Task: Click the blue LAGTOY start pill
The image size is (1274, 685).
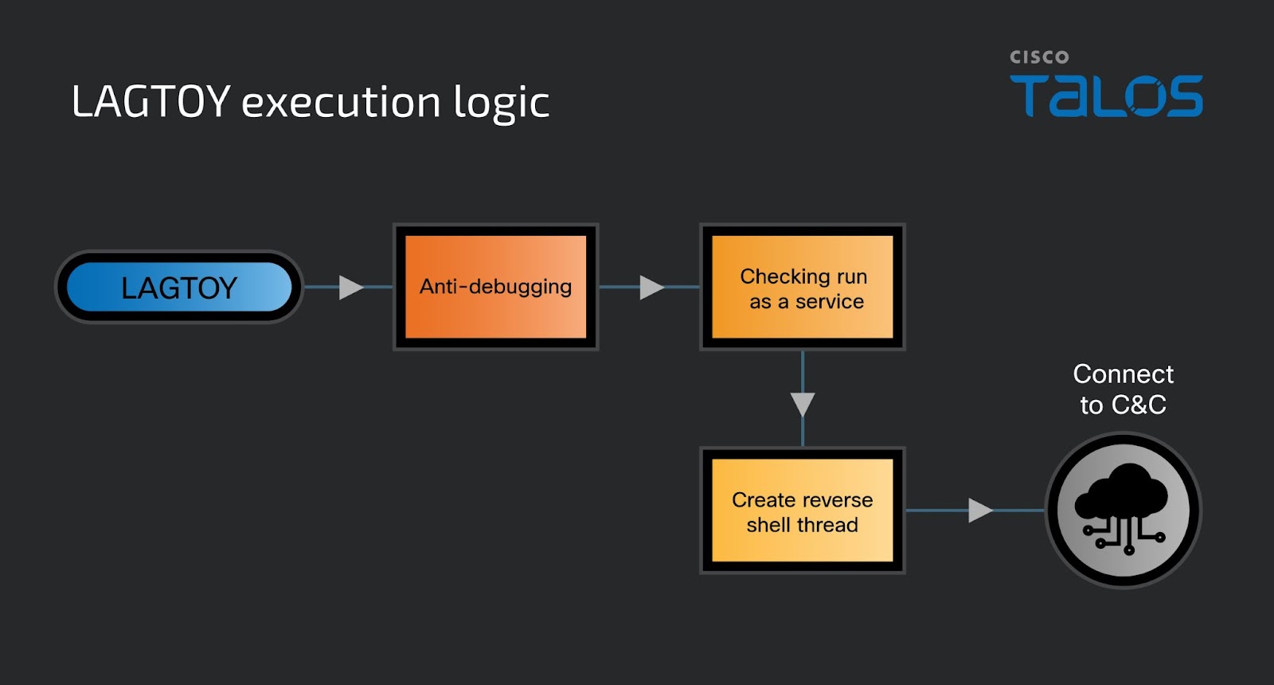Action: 179,287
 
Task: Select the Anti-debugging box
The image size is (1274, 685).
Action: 496,287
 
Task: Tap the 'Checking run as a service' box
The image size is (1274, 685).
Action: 803,287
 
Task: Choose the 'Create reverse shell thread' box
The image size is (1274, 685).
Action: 803,511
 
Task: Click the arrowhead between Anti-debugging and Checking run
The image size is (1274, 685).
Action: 652,288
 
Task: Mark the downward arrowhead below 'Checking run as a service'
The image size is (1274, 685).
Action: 803,405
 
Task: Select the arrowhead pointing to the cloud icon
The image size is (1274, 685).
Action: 980,511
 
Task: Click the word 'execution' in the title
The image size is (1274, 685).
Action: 342,103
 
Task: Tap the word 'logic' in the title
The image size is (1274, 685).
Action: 502,104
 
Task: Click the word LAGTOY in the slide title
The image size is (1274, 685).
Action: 150,101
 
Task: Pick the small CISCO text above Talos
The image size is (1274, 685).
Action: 1039,57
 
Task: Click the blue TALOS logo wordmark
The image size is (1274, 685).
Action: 1106,96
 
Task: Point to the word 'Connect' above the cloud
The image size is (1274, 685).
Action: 1124,374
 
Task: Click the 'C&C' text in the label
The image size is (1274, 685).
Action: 1139,405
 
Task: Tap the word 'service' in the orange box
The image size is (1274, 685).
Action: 829,302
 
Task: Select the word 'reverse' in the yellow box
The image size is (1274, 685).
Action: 838,500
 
